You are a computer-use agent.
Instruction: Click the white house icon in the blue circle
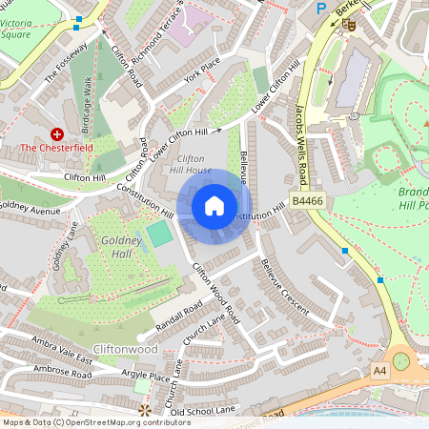pos(214,206)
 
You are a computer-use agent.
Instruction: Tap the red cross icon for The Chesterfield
pos(57,135)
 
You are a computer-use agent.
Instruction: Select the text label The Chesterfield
pos(57,149)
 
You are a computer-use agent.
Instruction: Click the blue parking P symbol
pos(321,8)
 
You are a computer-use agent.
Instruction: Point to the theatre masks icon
pos(349,18)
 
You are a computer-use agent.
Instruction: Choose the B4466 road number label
pos(309,201)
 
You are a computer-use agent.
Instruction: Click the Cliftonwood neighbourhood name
pos(126,349)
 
